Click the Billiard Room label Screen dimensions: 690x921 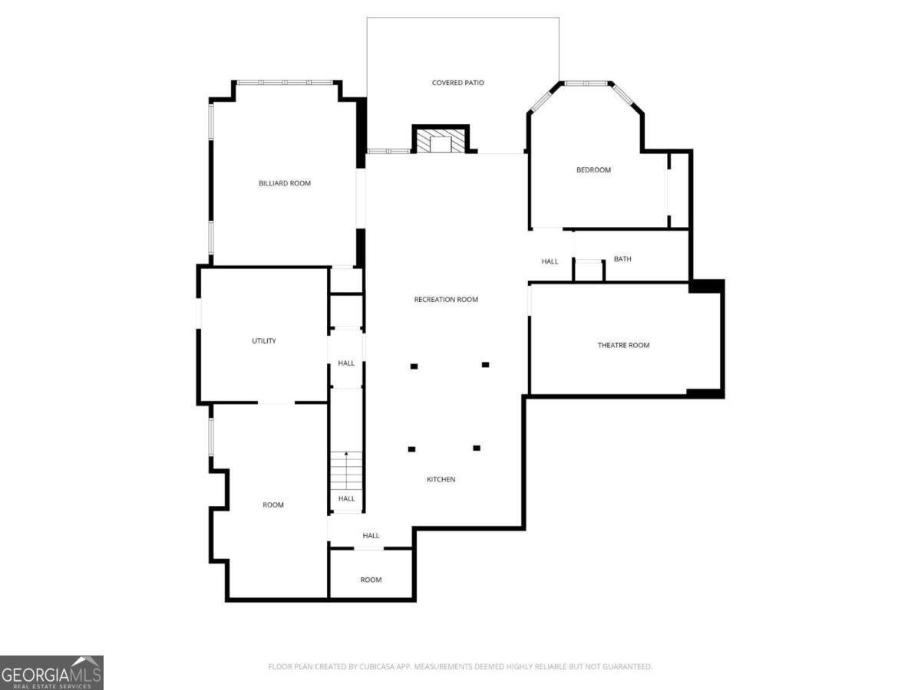[x=285, y=183]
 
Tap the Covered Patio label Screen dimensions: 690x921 [x=458, y=83]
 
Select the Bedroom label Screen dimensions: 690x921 [x=594, y=170]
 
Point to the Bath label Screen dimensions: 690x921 [x=622, y=259]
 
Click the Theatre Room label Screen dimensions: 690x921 [x=623, y=345]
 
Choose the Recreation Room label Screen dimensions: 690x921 [x=446, y=300]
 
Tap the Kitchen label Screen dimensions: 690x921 [x=441, y=480]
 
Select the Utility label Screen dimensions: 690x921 [x=264, y=341]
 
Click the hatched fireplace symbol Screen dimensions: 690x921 [x=441, y=141]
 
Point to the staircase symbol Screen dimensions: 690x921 [x=346, y=472]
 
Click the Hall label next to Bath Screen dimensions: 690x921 [x=550, y=262]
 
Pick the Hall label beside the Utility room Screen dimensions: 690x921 [x=346, y=363]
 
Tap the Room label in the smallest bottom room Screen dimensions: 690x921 [x=371, y=580]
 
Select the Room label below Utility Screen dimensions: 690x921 [x=273, y=505]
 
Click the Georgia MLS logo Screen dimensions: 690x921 [x=51, y=672]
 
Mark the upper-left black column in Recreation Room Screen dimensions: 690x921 [x=414, y=366]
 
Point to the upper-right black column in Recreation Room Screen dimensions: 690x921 [x=485, y=365]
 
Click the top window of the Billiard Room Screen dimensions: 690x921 [x=285, y=82]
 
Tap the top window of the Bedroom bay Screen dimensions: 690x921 [x=586, y=83]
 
